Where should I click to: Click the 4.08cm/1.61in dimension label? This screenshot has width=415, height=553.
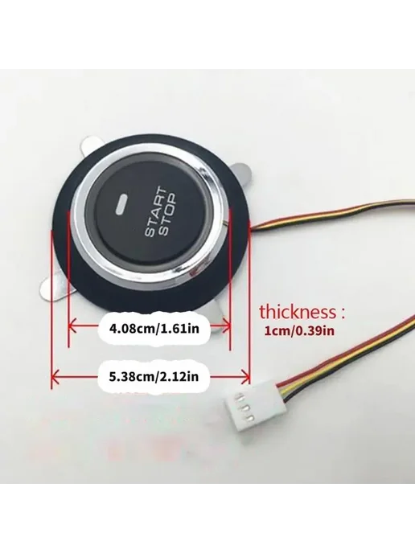pyautogui.click(x=154, y=329)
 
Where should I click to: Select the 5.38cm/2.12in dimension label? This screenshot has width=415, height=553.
pyautogui.click(x=154, y=377)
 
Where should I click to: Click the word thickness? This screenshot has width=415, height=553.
pyautogui.click(x=298, y=313)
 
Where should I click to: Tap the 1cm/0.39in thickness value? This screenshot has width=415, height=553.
pyautogui.click(x=300, y=331)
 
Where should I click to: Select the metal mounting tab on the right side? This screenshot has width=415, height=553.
pyautogui.click(x=244, y=174)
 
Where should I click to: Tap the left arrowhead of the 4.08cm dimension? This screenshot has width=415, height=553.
pyautogui.click(x=72, y=326)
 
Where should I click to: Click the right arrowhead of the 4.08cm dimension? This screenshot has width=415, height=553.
pyautogui.click(x=227, y=326)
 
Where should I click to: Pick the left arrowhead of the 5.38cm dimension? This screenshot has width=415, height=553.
pyautogui.click(x=55, y=377)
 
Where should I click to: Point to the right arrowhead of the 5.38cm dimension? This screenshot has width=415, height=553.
pyautogui.click(x=246, y=377)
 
